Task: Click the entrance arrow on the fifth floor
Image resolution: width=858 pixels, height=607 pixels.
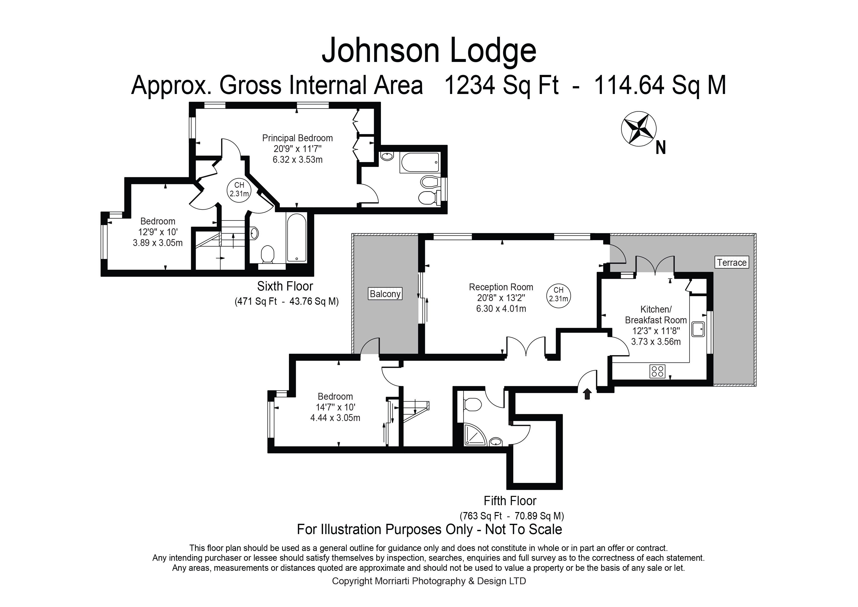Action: click(587, 394)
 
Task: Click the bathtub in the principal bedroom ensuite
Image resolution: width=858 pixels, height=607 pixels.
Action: click(419, 163)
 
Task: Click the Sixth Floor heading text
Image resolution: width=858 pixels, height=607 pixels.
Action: click(285, 286)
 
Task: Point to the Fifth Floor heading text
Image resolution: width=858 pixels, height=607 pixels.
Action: click(510, 501)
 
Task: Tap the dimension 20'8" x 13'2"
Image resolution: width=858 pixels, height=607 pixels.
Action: click(501, 298)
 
